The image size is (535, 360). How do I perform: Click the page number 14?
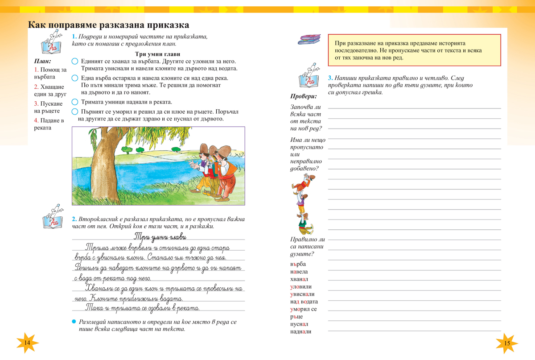click(x=27, y=343)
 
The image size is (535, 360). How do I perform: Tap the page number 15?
click(x=506, y=343)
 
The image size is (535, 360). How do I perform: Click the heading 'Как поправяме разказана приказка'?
click(x=109, y=25)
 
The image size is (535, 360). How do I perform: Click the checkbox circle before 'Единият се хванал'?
click(x=75, y=61)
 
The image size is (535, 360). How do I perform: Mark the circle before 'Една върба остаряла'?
click(x=75, y=78)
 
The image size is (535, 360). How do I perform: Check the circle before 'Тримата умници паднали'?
click(x=75, y=102)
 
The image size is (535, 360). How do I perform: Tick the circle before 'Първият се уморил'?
click(x=75, y=111)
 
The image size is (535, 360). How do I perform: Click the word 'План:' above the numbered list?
click(x=43, y=61)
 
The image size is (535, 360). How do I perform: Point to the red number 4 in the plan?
click(x=36, y=120)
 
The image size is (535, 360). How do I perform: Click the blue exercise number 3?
click(x=329, y=77)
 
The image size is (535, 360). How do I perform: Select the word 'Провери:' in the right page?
click(x=304, y=96)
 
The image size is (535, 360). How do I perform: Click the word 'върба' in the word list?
click(x=298, y=264)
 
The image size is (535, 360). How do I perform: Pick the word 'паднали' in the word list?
click(x=300, y=331)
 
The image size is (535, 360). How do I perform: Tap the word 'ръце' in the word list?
click(x=296, y=316)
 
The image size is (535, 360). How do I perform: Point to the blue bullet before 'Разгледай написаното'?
click(x=74, y=321)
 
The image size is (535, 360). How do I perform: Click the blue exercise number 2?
click(x=74, y=219)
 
